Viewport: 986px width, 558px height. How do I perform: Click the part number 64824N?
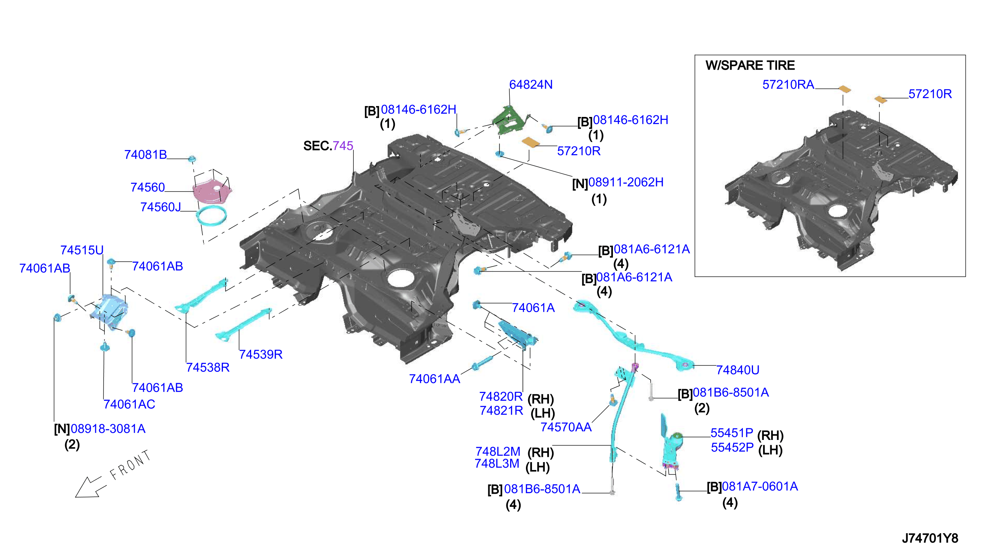[x=530, y=85]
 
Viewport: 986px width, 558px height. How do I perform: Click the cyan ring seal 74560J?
[x=211, y=216]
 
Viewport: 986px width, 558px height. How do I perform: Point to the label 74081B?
[x=145, y=155]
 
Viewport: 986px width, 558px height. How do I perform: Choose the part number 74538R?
[x=207, y=367]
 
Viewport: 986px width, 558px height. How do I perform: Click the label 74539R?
[x=261, y=355]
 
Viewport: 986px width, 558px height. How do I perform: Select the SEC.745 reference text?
[x=328, y=146]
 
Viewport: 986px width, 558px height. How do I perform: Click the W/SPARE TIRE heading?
[x=750, y=65]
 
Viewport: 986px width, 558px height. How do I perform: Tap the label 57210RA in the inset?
[x=788, y=85]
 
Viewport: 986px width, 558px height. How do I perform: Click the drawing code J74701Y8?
[x=930, y=538]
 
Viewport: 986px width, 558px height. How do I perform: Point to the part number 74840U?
[x=738, y=370]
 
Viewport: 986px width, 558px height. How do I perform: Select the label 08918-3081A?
[x=108, y=429]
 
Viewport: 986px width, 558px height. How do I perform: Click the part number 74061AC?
[x=129, y=404]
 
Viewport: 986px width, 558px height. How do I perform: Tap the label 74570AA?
[x=566, y=427]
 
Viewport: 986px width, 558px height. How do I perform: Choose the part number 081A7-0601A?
[x=760, y=487]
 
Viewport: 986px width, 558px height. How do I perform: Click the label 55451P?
[x=731, y=433]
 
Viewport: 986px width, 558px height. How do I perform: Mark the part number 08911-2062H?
[x=626, y=182]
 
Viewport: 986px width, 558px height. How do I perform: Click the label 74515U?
[x=82, y=250]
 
